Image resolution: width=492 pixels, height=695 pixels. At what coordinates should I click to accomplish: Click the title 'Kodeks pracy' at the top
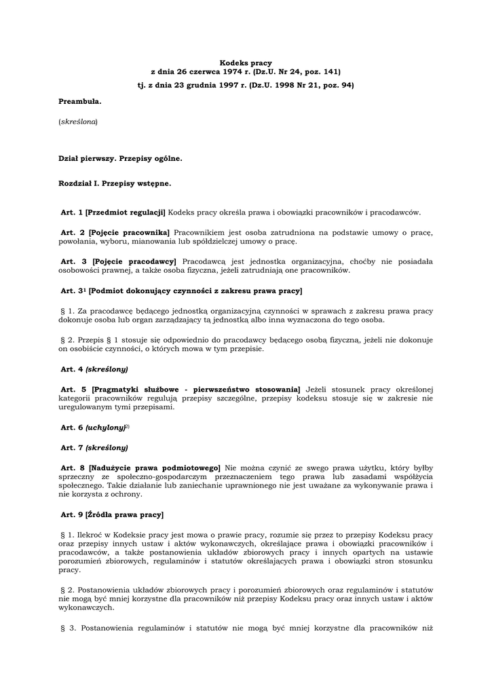coord(246,62)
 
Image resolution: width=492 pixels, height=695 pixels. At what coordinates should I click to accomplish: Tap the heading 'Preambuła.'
coord(80,101)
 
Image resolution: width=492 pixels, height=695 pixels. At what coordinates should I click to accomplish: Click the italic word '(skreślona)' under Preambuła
coord(78,121)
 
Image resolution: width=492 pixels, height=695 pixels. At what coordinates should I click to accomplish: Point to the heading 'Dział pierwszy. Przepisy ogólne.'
coord(120,158)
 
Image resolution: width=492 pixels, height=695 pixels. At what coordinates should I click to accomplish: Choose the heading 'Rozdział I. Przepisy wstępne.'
coord(115,183)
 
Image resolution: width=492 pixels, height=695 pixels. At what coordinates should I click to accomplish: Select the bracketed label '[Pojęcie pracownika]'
coord(129,233)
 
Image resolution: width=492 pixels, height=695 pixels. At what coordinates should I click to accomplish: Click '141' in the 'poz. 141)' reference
coord(330,71)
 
